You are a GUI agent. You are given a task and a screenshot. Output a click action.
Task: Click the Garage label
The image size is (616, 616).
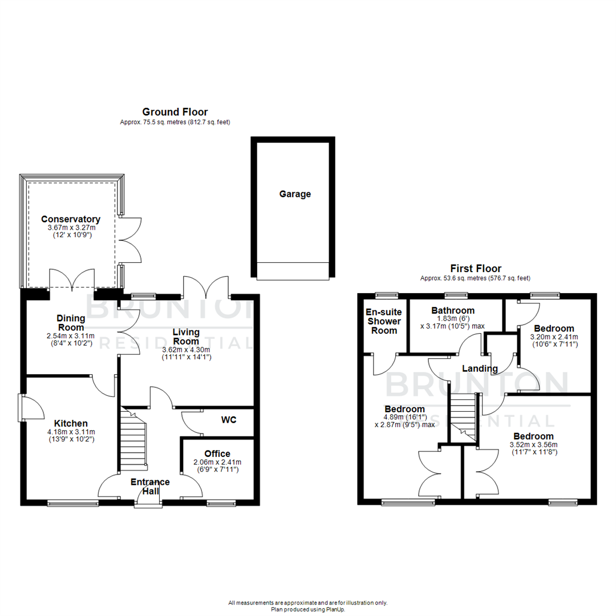[295, 194]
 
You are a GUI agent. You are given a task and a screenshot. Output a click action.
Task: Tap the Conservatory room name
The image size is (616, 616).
[71, 219]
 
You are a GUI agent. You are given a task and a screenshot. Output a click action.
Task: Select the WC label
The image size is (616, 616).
[229, 419]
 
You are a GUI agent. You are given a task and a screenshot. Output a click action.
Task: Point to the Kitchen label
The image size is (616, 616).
[71, 423]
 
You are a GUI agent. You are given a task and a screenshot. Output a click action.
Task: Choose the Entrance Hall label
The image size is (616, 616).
[151, 486]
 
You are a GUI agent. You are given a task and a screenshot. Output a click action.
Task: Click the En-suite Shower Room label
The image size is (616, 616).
[384, 321]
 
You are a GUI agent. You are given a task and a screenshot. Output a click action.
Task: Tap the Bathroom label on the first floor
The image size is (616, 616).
[453, 310]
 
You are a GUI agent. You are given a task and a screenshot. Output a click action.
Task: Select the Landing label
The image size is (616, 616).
[480, 368]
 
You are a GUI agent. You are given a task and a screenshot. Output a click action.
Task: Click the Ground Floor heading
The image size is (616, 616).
[175, 112]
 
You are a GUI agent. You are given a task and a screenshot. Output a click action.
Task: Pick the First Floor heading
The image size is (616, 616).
[476, 268]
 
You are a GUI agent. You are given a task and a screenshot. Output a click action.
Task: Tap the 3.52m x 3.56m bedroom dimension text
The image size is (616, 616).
[533, 445]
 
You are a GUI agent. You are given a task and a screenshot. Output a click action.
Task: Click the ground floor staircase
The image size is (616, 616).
[134, 439]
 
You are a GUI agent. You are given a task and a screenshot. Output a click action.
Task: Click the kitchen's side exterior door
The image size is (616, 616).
[29, 408]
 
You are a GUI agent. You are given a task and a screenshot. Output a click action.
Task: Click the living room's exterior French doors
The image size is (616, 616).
[206, 287]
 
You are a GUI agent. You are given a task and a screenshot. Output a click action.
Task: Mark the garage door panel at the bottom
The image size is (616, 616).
[293, 271]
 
